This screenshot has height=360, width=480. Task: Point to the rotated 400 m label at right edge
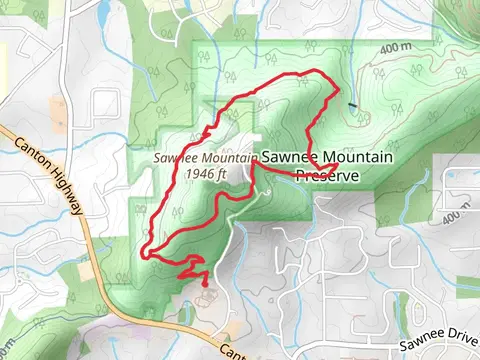click(456, 216)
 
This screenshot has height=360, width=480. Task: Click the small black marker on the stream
click(353, 104)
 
